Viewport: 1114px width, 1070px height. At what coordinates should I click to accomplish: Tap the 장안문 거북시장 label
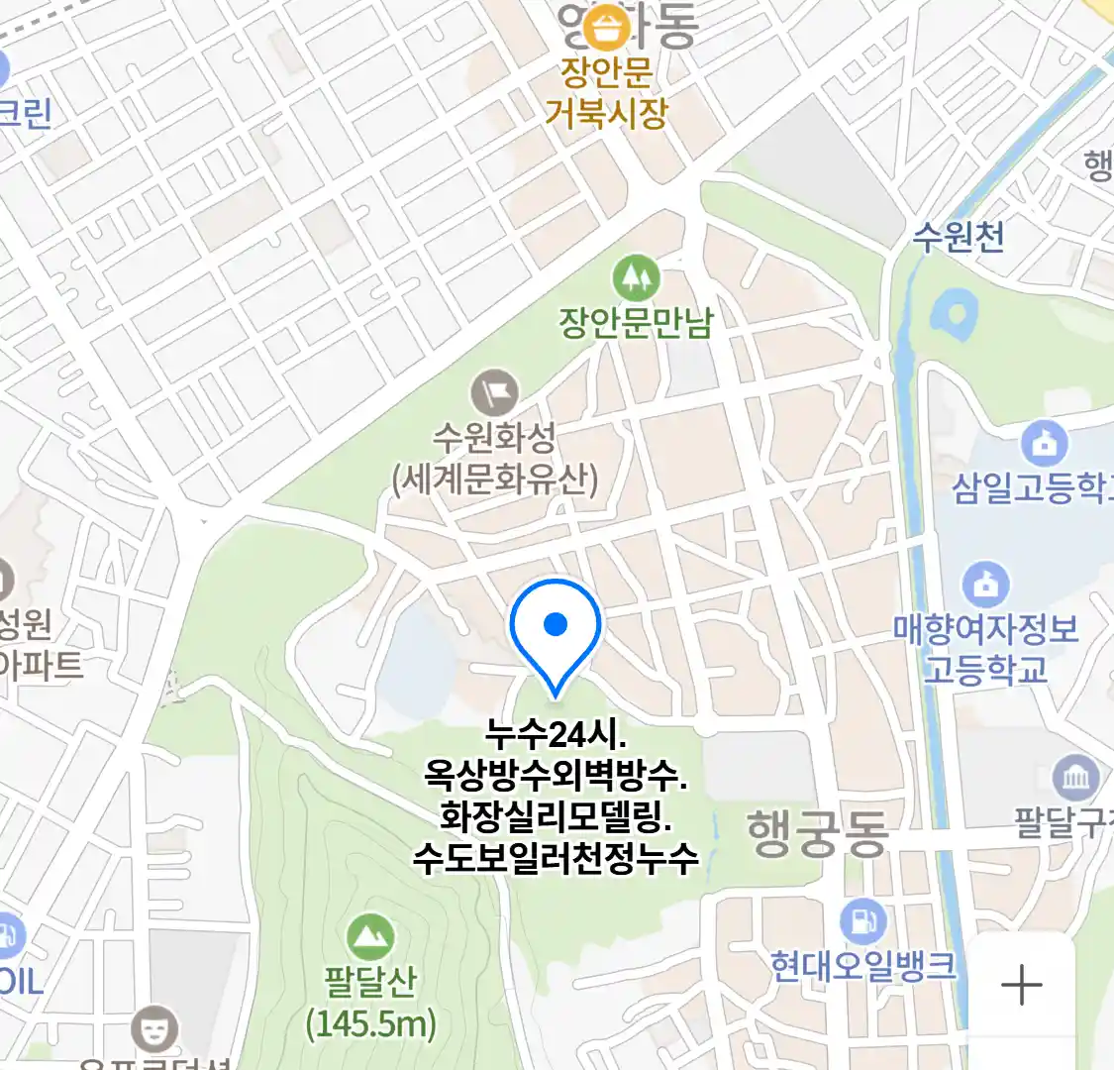coord(606,93)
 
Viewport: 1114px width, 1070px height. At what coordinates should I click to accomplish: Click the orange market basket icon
coord(606,29)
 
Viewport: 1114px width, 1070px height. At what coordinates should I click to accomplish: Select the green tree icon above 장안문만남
coord(636,277)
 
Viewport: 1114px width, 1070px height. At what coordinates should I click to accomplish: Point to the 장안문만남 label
coord(636,322)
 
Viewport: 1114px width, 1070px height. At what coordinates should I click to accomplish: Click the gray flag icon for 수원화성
coord(494,392)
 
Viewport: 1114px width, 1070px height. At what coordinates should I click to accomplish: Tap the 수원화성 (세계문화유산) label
coord(495,458)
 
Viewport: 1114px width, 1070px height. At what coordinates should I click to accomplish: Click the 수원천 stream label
coord(958,236)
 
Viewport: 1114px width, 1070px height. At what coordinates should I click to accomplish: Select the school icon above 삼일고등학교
coord(1043,444)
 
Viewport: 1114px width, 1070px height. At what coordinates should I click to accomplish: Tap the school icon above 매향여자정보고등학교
coord(985,585)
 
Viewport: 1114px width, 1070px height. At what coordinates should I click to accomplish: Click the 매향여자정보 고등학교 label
coord(985,649)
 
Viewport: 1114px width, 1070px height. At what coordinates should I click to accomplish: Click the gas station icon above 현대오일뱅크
coord(862,922)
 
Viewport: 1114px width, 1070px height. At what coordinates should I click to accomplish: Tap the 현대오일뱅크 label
coord(863,966)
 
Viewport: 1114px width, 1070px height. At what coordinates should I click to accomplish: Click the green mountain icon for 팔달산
coord(370,937)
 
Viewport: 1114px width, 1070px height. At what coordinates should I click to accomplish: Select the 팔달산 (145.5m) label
coord(370,1002)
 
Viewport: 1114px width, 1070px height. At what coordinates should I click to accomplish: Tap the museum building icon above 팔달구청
coord(1074,779)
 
